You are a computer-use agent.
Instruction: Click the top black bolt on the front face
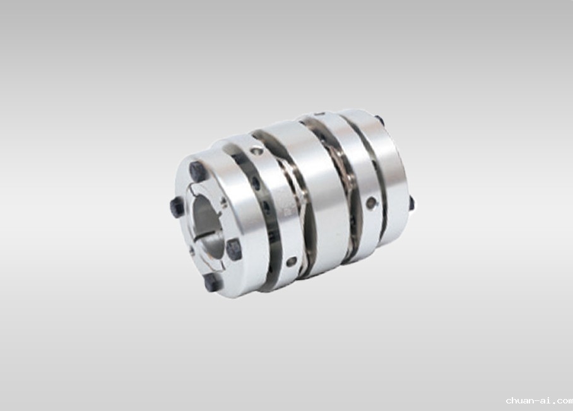198,171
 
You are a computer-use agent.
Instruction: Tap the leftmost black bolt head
177,207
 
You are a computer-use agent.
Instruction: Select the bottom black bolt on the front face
212,282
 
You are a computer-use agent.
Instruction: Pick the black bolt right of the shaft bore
234,249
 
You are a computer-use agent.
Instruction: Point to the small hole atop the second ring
257,151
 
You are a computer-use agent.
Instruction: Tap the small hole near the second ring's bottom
292,262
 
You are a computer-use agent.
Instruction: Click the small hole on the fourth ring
370,202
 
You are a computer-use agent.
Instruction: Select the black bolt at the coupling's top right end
379,119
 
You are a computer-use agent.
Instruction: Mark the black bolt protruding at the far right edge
411,203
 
